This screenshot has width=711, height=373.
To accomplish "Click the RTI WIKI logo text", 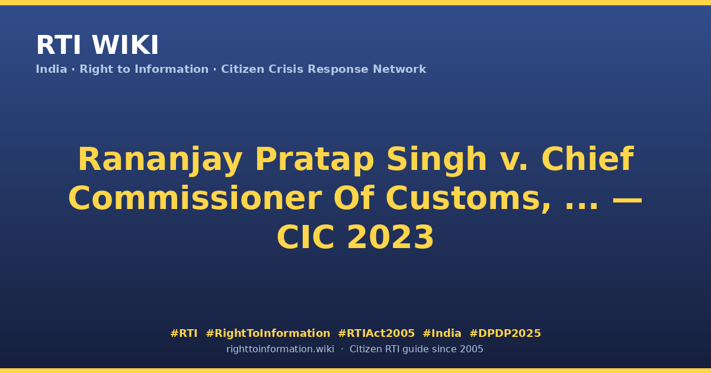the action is click(x=97, y=45).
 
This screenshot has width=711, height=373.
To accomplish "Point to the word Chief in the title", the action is click(x=588, y=159).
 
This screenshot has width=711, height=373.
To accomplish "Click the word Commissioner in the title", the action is click(x=195, y=198).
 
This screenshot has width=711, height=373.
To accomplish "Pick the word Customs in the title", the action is click(x=468, y=199).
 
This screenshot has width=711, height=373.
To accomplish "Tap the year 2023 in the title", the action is click(x=390, y=237).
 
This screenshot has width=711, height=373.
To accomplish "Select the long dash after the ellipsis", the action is click(x=627, y=201).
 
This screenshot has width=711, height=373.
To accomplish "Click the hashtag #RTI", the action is click(x=184, y=333).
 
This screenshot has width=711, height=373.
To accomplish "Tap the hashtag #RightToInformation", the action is click(x=268, y=333).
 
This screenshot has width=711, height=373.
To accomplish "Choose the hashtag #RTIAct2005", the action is click(x=376, y=333).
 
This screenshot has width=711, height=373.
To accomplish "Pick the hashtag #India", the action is click(x=442, y=333).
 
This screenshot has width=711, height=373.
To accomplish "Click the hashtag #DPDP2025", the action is click(x=505, y=333).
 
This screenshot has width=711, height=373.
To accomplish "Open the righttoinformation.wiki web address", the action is click(x=280, y=349).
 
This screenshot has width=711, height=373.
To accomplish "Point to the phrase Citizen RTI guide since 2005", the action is click(x=416, y=349).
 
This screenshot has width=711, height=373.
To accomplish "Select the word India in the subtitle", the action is click(x=52, y=69).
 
